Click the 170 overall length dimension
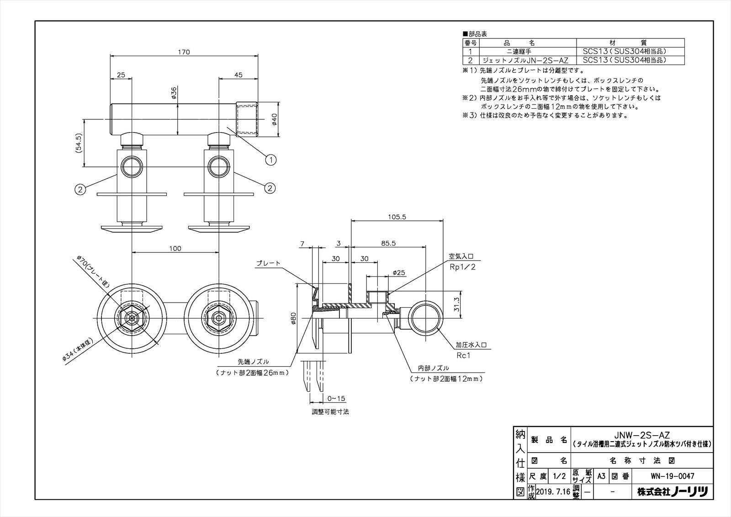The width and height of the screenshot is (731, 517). [184, 52]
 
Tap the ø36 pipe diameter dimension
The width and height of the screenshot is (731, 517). [174, 93]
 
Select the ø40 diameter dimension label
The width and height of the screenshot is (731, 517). [274, 119]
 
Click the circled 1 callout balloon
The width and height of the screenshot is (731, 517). [271, 160]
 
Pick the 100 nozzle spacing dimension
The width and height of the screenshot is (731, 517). [175, 249]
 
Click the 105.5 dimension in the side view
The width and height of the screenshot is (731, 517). [397, 217]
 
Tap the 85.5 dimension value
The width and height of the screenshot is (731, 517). [388, 243]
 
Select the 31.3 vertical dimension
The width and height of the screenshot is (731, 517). [456, 304]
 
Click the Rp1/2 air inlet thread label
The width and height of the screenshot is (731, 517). [462, 267]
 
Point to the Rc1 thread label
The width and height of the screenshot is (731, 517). [463, 355]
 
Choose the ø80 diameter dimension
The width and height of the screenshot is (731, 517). [293, 318]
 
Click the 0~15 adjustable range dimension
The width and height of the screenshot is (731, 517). [336, 399]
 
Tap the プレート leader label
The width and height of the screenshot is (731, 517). [268, 263]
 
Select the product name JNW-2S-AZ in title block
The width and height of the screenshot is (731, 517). [641, 435]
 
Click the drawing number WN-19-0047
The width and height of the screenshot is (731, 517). [672, 476]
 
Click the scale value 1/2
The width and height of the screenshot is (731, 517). [559, 476]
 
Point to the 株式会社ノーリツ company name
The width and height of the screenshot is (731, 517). [672, 492]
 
